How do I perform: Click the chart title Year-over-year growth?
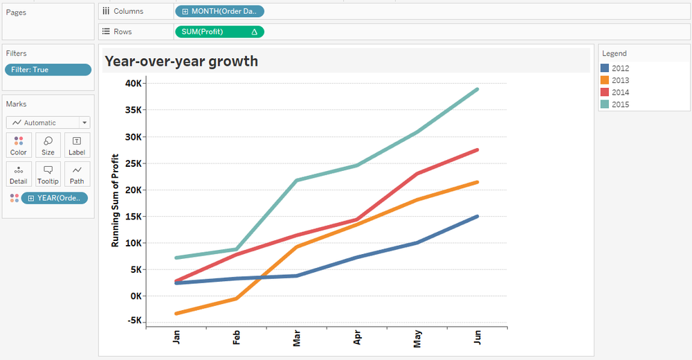coord(181,61)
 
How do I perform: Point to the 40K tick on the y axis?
coord(133,83)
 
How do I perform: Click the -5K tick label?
coord(134,321)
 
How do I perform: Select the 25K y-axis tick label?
coord(133,163)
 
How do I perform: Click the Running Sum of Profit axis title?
coord(116,201)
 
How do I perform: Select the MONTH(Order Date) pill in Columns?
coord(219,11)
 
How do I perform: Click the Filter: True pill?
coord(48,70)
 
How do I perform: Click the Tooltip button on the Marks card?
coord(48,174)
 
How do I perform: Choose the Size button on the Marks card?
coord(48,145)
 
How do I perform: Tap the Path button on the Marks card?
coord(77,174)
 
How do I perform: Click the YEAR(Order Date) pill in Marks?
coord(55,198)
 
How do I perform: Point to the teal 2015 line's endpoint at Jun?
coord(477,89)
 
